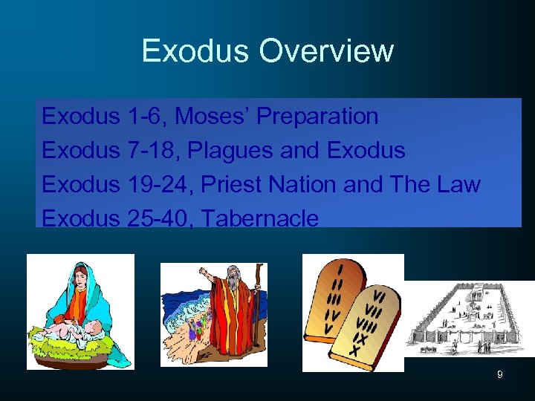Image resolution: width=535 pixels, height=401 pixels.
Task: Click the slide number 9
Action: click(x=500, y=375)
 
